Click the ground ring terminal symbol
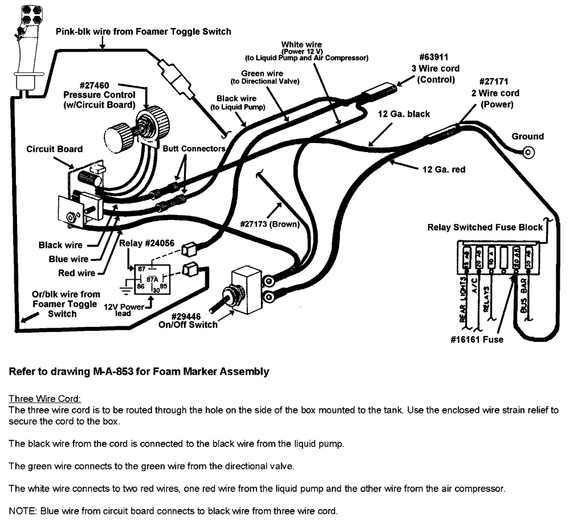528,152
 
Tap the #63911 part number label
433,58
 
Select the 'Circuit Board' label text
55,149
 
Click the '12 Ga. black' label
404,114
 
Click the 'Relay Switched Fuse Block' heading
485,227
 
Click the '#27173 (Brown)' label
270,224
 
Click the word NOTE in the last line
21,511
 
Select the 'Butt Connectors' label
194,148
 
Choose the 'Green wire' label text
262,73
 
